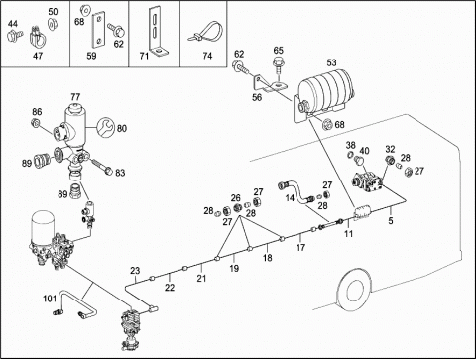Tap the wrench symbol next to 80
tap(105, 128)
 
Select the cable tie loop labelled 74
tap(205, 32)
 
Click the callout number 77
tap(75, 97)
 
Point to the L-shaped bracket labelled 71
tap(157, 32)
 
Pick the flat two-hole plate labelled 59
tap(98, 30)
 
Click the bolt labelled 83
tap(101, 167)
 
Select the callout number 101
tap(50, 299)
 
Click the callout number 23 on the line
tap(135, 271)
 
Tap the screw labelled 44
tap(15, 35)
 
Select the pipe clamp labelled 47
tap(39, 38)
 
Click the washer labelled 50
tap(52, 24)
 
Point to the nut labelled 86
tap(36, 123)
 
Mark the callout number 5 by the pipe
tap(391, 220)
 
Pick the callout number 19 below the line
tap(234, 268)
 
